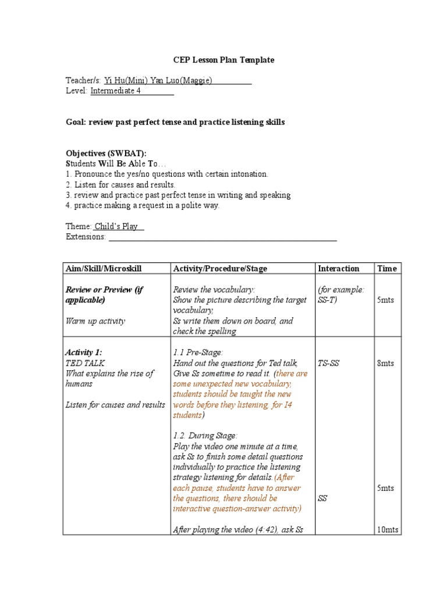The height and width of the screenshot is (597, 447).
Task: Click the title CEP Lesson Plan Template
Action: (x=223, y=60)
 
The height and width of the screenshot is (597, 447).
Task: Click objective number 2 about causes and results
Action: (x=120, y=184)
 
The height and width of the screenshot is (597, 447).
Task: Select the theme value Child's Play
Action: (x=119, y=226)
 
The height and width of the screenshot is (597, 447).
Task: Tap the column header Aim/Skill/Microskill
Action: (x=104, y=268)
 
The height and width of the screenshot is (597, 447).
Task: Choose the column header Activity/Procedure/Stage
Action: (x=220, y=268)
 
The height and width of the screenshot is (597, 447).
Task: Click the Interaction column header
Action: (x=338, y=268)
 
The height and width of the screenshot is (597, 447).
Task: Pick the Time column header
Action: (x=386, y=268)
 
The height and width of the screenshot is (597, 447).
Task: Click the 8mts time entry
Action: (x=385, y=363)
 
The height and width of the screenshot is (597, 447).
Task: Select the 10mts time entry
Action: (x=388, y=529)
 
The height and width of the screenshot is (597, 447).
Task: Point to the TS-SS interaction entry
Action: (x=329, y=363)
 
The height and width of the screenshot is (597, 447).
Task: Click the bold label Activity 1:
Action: (x=84, y=353)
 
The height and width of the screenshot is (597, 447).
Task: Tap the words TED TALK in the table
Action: (x=85, y=363)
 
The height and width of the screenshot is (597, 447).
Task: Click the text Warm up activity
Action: (x=95, y=321)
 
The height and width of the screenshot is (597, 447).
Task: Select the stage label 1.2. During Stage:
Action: (x=205, y=436)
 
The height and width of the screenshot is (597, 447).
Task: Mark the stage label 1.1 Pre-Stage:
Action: (x=198, y=353)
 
